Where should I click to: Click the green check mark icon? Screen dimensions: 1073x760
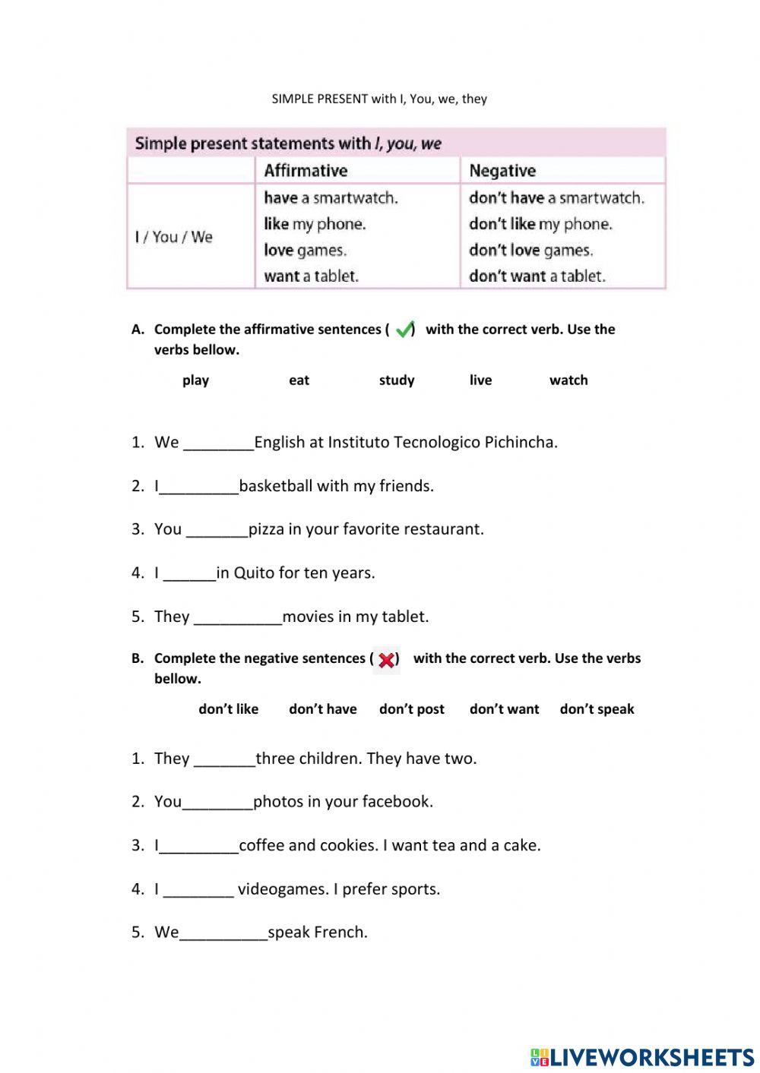404,329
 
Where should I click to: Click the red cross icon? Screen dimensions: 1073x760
386,659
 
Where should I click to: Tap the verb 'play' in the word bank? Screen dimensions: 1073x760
195,380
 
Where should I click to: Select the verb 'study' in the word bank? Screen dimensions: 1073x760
397,380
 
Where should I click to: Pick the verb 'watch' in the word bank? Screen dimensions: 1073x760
568,380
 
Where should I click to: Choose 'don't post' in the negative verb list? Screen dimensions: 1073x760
411,708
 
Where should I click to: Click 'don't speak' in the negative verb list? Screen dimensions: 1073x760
597,708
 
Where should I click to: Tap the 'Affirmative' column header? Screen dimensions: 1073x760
306,170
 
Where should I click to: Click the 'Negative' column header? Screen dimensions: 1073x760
502,170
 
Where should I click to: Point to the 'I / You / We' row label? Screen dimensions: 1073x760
174,237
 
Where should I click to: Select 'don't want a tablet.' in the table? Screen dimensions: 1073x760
537,276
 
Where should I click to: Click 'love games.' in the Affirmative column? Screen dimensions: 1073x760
305,250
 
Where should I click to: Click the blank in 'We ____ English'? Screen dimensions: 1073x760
219,443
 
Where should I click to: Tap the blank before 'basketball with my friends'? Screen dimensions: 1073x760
199,487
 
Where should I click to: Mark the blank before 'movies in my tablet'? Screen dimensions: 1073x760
238,617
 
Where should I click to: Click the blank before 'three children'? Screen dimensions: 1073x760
225,759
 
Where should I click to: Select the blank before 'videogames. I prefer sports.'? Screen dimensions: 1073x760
198,890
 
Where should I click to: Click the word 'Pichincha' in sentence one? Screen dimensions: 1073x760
521,442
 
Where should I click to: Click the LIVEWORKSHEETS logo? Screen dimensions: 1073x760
642,1056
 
